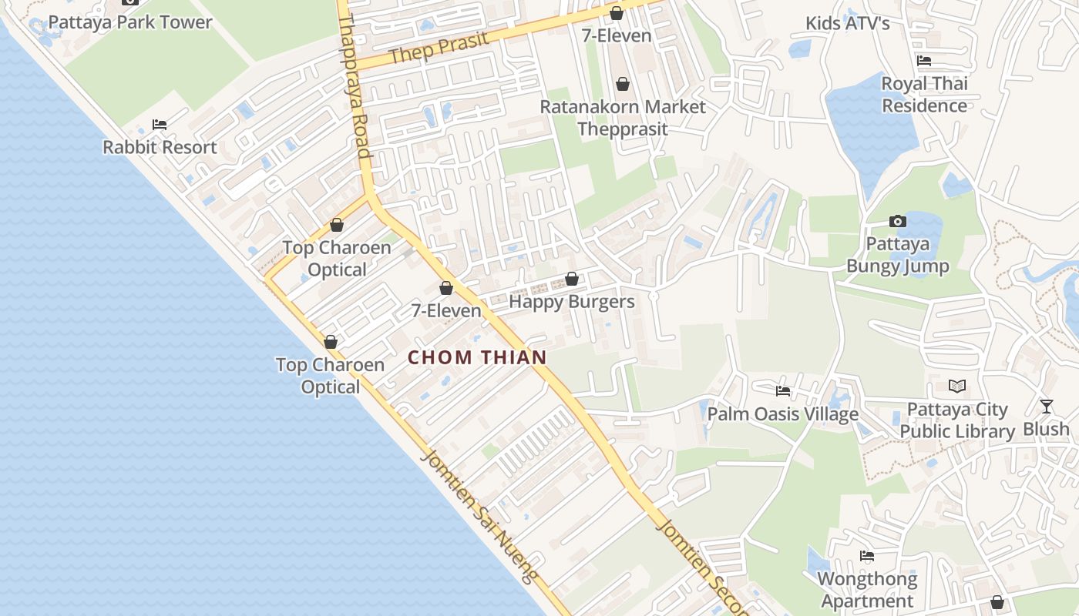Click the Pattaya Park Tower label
point(130,22)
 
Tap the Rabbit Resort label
point(160,146)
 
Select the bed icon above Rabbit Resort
point(160,124)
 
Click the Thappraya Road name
point(355,85)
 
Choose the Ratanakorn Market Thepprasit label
point(623,117)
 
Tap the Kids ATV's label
point(847,23)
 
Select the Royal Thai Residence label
point(924,94)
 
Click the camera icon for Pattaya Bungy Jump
point(898,222)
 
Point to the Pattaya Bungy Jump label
point(898,255)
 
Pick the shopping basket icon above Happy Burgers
point(572,279)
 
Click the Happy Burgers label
point(572,301)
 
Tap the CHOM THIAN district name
point(477,357)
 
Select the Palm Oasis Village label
point(782,414)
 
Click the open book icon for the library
point(957,387)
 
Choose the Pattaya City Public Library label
point(957,420)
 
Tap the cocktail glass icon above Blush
point(1046,406)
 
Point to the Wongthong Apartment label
point(867,589)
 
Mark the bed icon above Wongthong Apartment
point(867,556)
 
